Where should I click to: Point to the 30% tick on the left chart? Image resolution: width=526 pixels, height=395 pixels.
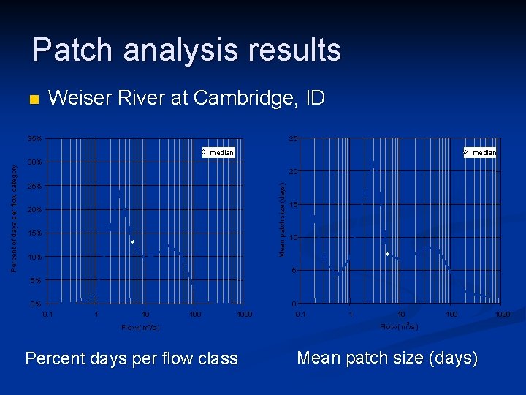[x=34, y=162]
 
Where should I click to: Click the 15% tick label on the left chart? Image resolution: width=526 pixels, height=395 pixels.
[x=34, y=233]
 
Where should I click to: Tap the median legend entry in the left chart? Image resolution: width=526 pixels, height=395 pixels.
[x=218, y=153]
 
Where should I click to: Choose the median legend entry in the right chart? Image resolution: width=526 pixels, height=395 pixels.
[x=481, y=153]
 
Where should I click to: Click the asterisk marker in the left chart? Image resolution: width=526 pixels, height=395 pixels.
[x=132, y=243]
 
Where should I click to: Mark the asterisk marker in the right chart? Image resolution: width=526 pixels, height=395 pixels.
[x=387, y=255]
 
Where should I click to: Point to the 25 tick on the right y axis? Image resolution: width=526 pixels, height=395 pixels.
[x=292, y=139]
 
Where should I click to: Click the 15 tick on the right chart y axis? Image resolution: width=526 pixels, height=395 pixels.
[x=292, y=205]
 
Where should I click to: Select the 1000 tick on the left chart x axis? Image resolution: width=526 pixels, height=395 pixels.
[x=244, y=314]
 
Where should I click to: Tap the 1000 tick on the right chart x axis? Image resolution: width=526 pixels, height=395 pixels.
[x=501, y=314]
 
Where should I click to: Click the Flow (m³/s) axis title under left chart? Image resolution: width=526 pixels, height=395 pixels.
[x=140, y=327]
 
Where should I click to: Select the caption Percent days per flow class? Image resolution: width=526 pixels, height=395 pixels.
[x=131, y=359]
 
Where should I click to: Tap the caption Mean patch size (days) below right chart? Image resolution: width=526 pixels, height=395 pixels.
[x=387, y=358]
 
